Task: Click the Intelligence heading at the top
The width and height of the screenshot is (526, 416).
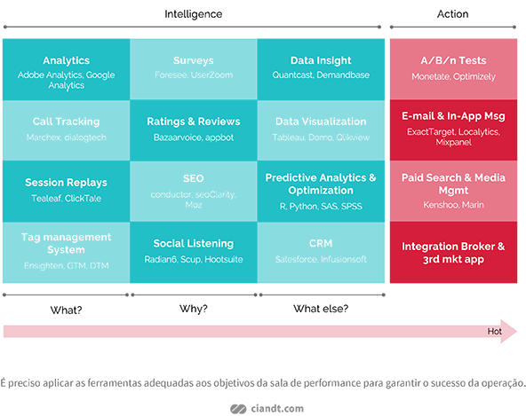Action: [193, 14]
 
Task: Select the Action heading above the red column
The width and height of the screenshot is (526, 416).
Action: [452, 14]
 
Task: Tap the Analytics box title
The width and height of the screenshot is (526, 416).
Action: [66, 60]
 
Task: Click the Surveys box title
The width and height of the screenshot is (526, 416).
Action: [194, 60]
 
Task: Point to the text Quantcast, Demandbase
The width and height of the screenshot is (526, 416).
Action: [321, 75]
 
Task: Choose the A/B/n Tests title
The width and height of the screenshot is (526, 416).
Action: [453, 60]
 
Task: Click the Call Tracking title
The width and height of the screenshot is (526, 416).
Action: [66, 122]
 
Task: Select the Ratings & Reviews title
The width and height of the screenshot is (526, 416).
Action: [194, 122]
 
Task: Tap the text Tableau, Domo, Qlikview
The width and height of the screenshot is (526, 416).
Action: [321, 137]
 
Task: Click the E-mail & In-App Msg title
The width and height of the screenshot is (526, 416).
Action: [453, 116]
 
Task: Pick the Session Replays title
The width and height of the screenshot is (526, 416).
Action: [66, 183]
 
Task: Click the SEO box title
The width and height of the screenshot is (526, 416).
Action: [194, 178]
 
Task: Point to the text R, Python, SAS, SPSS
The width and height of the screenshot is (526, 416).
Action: [321, 207]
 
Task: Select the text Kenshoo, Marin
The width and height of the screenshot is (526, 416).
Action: [453, 205]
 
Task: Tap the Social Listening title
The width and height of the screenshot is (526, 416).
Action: [194, 244]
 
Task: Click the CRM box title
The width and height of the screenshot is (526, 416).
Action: [321, 243]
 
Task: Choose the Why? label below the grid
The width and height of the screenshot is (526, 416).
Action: [194, 309]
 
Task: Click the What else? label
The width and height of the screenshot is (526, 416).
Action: [321, 309]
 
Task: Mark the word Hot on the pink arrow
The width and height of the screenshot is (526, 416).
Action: [495, 331]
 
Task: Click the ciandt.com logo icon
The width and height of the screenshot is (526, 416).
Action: [238, 409]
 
